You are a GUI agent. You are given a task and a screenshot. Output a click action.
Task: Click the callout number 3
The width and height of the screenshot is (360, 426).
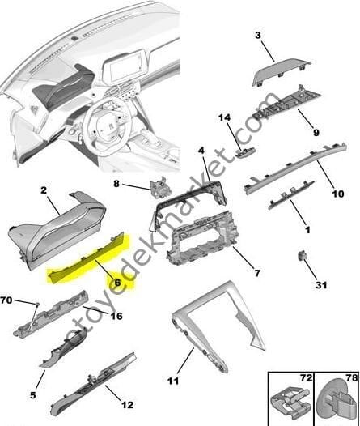click(257, 36)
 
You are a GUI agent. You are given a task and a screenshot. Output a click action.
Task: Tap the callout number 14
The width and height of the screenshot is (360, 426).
click(224, 118)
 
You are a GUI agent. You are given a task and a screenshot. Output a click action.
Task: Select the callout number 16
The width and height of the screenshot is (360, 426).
click(116, 315)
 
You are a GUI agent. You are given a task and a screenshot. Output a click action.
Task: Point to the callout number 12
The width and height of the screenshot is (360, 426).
click(128, 404)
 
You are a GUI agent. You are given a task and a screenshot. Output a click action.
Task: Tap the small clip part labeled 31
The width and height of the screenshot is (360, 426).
click(303, 257)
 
